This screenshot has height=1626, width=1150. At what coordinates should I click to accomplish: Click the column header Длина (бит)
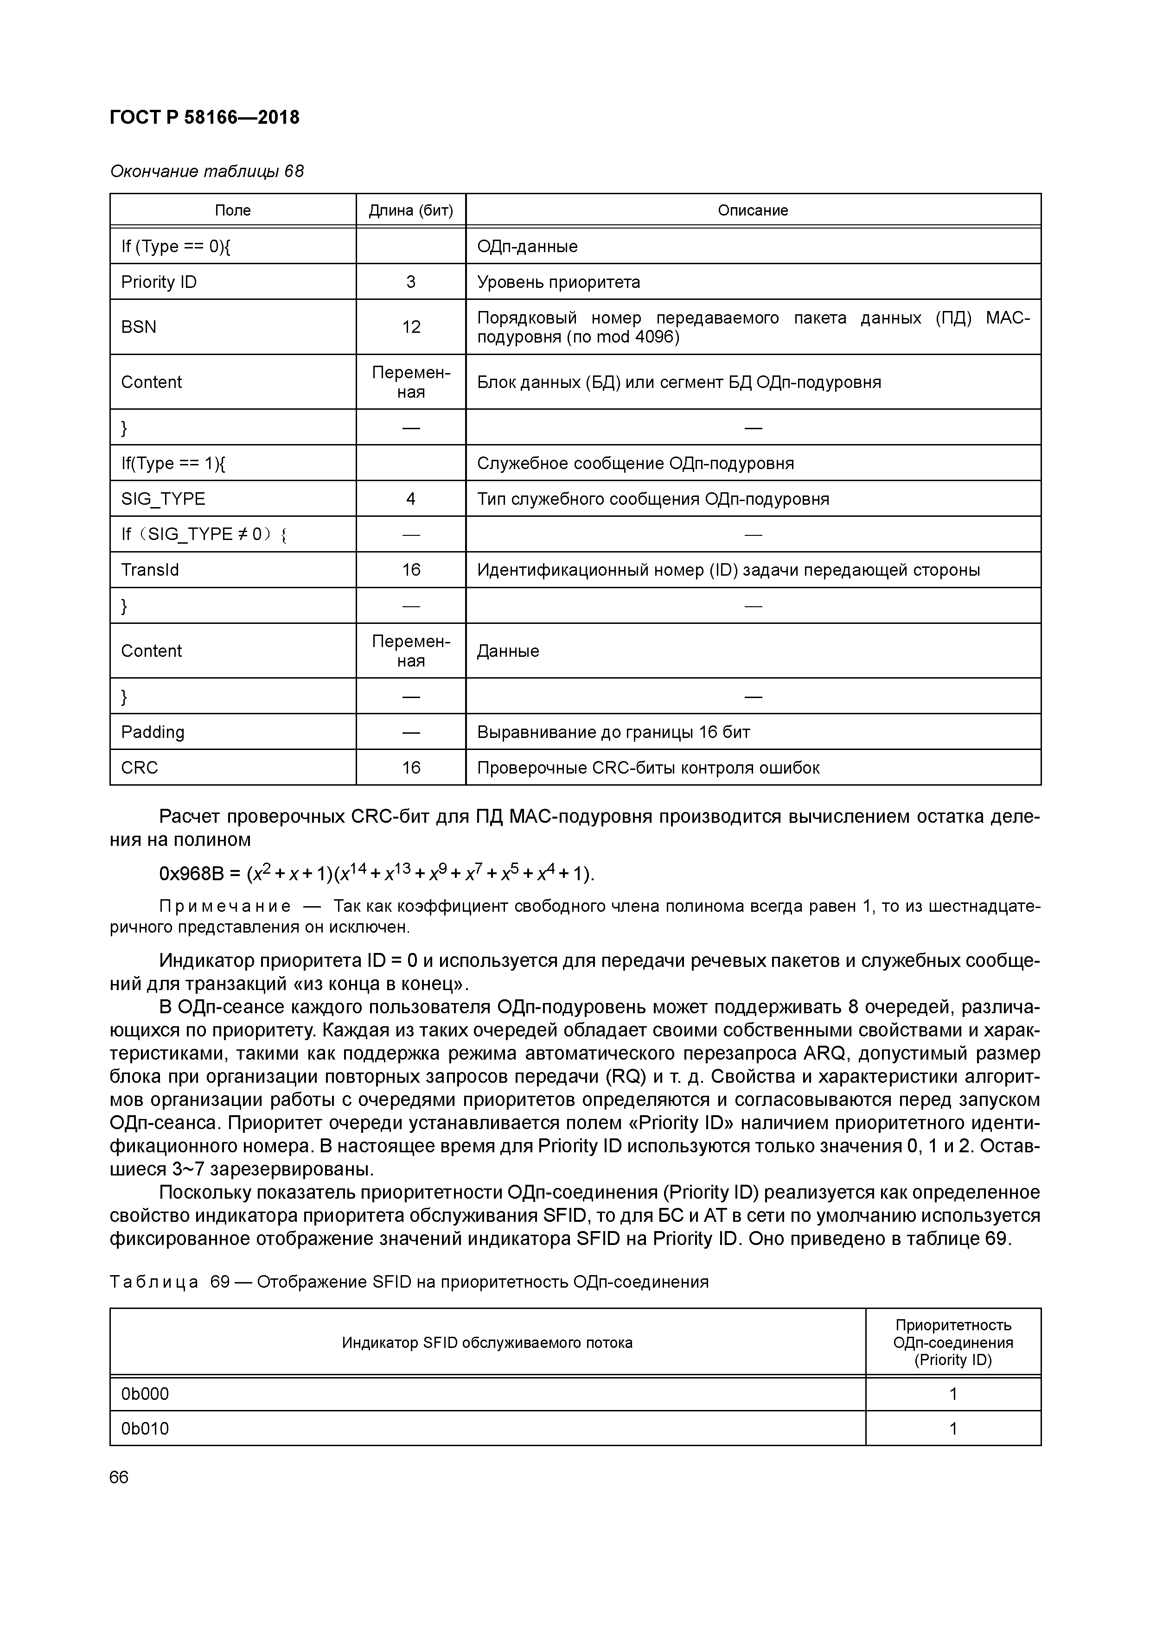(x=411, y=210)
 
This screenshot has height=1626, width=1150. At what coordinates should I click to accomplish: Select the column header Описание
(x=753, y=210)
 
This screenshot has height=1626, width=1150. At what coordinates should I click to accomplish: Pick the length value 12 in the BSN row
(x=411, y=326)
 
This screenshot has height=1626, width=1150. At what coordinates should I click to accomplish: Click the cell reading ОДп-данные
(x=527, y=247)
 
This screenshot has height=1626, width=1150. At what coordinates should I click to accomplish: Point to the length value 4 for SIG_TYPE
(x=411, y=499)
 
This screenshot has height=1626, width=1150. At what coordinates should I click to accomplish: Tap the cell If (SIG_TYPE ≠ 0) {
(x=204, y=534)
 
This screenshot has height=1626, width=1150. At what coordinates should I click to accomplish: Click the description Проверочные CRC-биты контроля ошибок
(x=648, y=768)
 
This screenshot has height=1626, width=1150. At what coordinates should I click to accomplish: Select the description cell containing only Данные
(x=508, y=651)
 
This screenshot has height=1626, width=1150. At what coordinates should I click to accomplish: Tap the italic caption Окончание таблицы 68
(x=207, y=171)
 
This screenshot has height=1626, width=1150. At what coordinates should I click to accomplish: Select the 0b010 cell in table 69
(x=145, y=1429)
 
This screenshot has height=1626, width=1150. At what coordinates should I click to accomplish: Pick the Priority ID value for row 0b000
(x=953, y=1394)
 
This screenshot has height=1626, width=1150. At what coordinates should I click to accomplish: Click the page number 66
(x=119, y=1477)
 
